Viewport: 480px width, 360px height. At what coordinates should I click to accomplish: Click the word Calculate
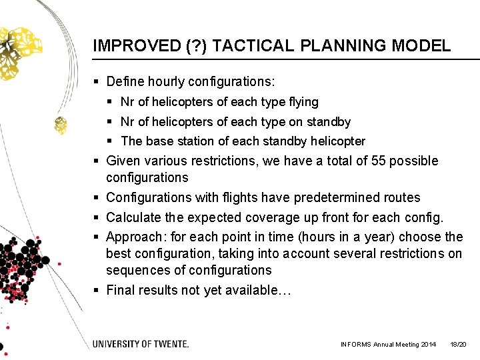point(133,217)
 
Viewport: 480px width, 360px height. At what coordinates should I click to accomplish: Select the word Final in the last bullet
point(121,290)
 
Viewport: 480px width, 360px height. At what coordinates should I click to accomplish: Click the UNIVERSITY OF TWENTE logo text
point(141,344)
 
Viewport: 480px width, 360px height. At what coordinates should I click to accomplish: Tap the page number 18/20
point(458,345)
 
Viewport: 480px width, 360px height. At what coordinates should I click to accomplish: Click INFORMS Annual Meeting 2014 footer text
point(388,345)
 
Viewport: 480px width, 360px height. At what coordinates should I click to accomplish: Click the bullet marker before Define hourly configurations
point(97,82)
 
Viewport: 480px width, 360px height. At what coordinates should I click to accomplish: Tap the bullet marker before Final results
point(97,290)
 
